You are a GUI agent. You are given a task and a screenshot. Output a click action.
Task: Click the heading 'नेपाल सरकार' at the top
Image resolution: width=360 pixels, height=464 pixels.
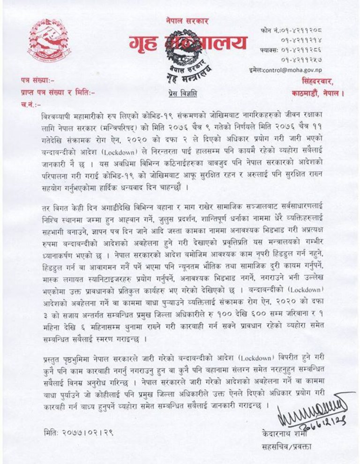coord(187,21)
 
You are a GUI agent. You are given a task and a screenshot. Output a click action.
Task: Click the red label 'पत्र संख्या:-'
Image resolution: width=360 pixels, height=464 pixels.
coord(34,80)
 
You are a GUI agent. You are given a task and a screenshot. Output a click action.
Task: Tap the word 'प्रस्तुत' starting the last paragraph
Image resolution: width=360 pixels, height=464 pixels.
coord(52,349)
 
